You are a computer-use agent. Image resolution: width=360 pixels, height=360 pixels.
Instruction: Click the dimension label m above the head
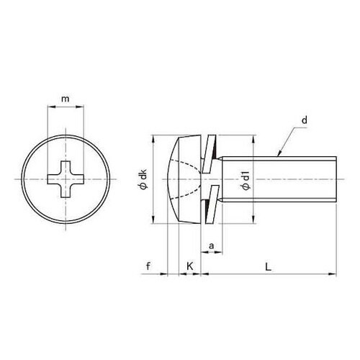point(66,99)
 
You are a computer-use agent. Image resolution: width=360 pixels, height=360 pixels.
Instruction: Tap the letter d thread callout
point(305,120)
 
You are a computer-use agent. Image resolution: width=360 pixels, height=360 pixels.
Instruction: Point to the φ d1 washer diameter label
point(245,179)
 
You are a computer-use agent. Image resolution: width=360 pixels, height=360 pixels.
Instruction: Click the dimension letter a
point(211,246)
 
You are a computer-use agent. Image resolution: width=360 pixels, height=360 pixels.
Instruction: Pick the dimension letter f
point(149,266)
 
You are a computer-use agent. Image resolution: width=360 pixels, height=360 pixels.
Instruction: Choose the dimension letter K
point(190,266)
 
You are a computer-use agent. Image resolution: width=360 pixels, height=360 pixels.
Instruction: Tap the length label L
point(268,266)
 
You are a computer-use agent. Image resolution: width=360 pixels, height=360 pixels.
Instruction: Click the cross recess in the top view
point(66,179)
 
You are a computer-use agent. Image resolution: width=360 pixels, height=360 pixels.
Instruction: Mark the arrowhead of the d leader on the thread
point(279,154)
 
